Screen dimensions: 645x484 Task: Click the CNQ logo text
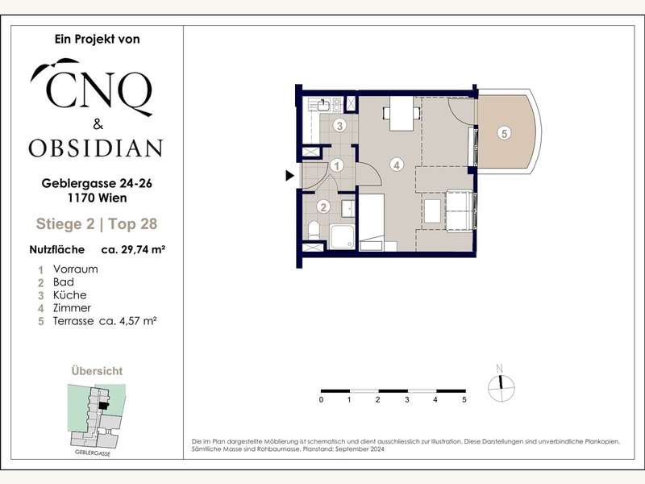[x=96, y=88]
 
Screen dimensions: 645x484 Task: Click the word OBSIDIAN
[x=96, y=148]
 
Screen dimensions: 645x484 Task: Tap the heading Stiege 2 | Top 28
[x=97, y=224]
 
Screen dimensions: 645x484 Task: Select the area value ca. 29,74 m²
[x=133, y=249]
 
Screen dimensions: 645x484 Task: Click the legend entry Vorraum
[x=75, y=269]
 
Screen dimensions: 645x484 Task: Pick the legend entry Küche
[x=70, y=295]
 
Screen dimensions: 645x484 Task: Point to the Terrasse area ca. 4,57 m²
[x=127, y=321]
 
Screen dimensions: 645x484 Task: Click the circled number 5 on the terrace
[x=505, y=133]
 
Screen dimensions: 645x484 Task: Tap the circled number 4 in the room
[x=397, y=165]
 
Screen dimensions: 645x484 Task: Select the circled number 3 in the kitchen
[x=339, y=126]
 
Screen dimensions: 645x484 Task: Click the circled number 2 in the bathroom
[x=323, y=207]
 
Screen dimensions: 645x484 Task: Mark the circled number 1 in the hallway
[x=337, y=166]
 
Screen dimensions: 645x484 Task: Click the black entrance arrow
[x=290, y=176]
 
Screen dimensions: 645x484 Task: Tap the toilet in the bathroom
[x=314, y=230]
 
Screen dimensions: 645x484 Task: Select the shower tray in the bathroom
[x=342, y=236]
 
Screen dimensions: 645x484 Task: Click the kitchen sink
[x=323, y=106]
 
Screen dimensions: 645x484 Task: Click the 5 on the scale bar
[x=464, y=399]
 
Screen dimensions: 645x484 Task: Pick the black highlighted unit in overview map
[x=104, y=406]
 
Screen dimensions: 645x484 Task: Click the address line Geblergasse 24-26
[x=97, y=183]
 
